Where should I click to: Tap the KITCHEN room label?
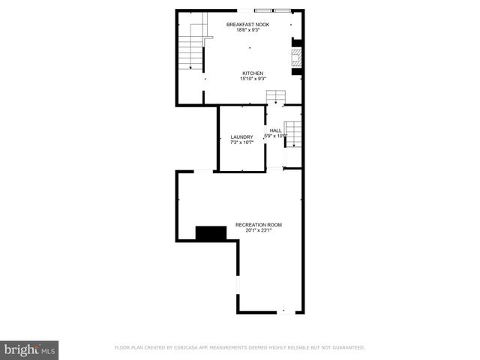click(x=253, y=73)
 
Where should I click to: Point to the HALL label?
click(x=276, y=130)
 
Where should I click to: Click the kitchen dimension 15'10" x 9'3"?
click(x=253, y=79)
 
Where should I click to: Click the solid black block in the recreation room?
click(x=211, y=233)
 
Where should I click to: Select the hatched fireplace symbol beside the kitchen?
click(x=297, y=58)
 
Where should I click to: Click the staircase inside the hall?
click(x=293, y=133)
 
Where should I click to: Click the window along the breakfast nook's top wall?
click(x=273, y=10)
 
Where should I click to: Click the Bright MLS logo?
click(x=29, y=349)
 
